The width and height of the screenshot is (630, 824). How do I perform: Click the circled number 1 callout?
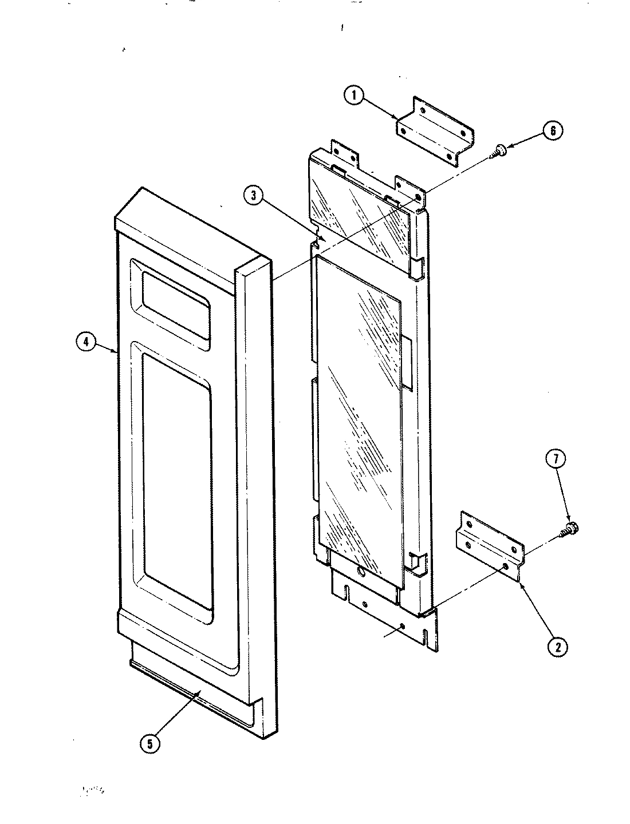[355, 96]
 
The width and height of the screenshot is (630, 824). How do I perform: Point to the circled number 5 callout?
[149, 744]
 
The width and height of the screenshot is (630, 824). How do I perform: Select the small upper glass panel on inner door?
[361, 212]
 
